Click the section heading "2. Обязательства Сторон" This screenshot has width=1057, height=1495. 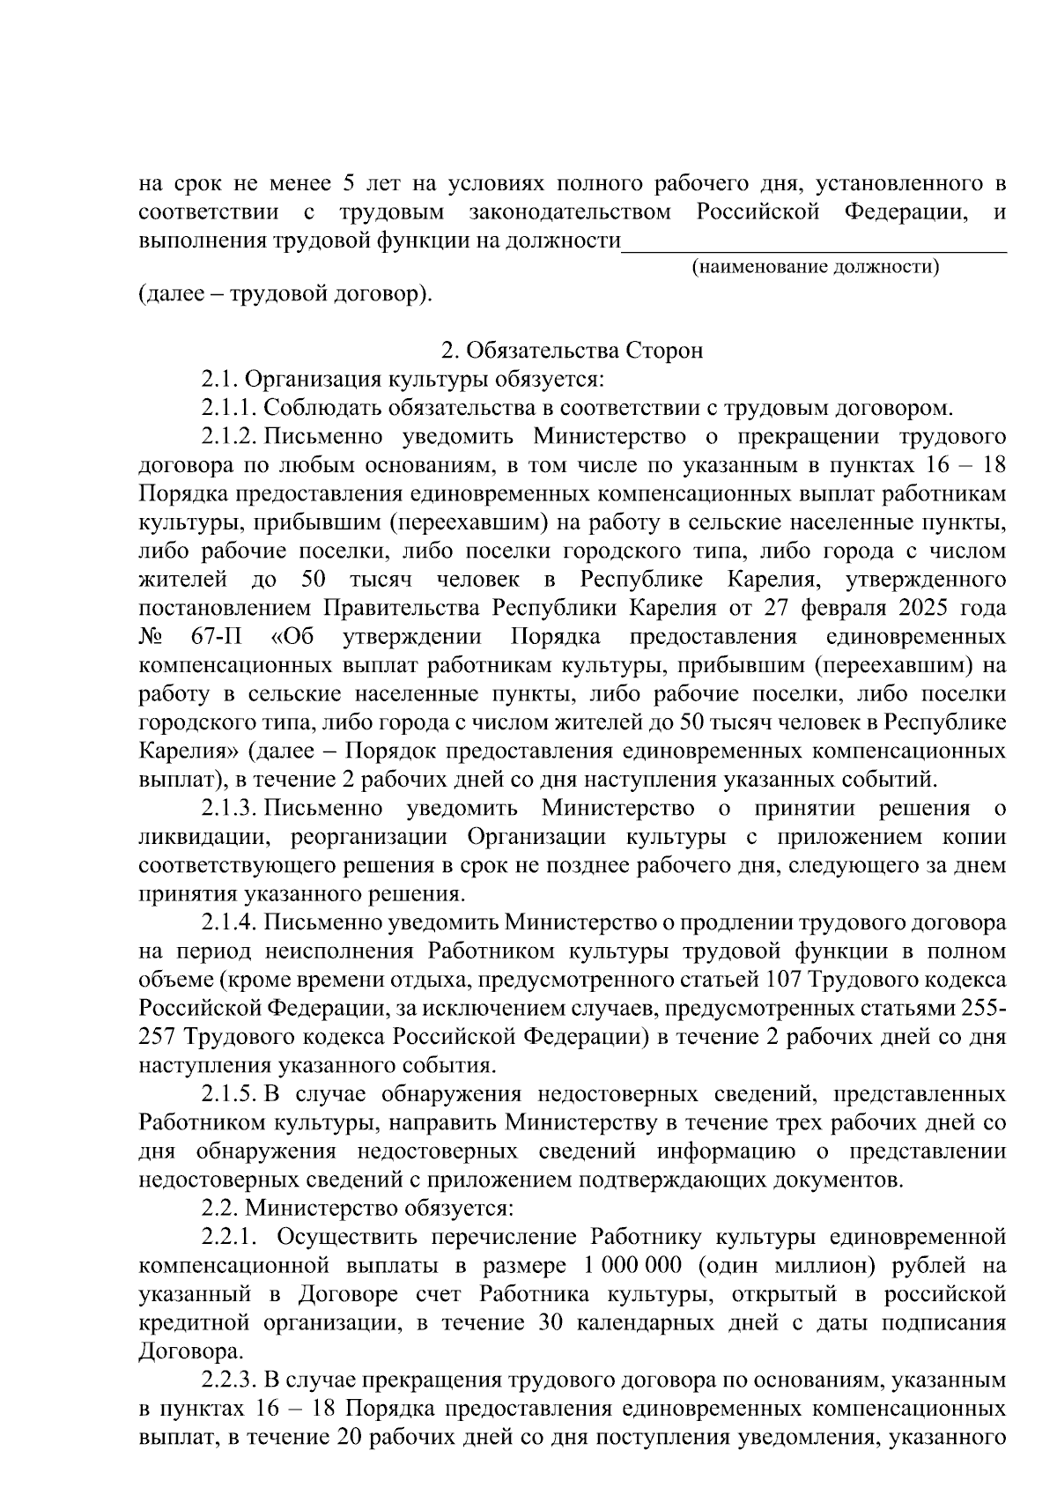point(572,352)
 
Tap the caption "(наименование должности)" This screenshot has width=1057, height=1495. point(815,266)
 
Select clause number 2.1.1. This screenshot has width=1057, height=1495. point(229,409)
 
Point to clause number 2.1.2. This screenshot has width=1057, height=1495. point(229,438)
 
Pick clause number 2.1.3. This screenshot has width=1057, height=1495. point(229,809)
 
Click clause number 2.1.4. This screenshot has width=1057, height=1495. point(229,923)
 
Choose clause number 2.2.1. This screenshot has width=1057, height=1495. point(229,1238)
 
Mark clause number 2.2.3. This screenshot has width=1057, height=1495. point(229,1380)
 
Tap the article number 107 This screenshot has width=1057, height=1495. point(784,981)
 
